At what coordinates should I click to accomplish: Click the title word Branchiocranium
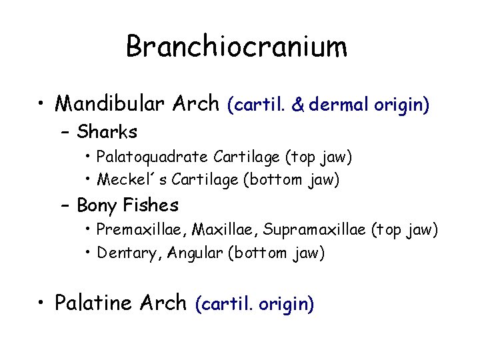click(237, 47)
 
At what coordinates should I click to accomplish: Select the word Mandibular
click(107, 103)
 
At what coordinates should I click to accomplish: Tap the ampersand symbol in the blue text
click(298, 104)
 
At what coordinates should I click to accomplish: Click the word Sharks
click(107, 131)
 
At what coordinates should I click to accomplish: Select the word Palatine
click(95, 303)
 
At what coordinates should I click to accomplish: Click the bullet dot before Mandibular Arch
click(43, 104)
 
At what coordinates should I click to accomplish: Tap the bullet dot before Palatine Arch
click(43, 303)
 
